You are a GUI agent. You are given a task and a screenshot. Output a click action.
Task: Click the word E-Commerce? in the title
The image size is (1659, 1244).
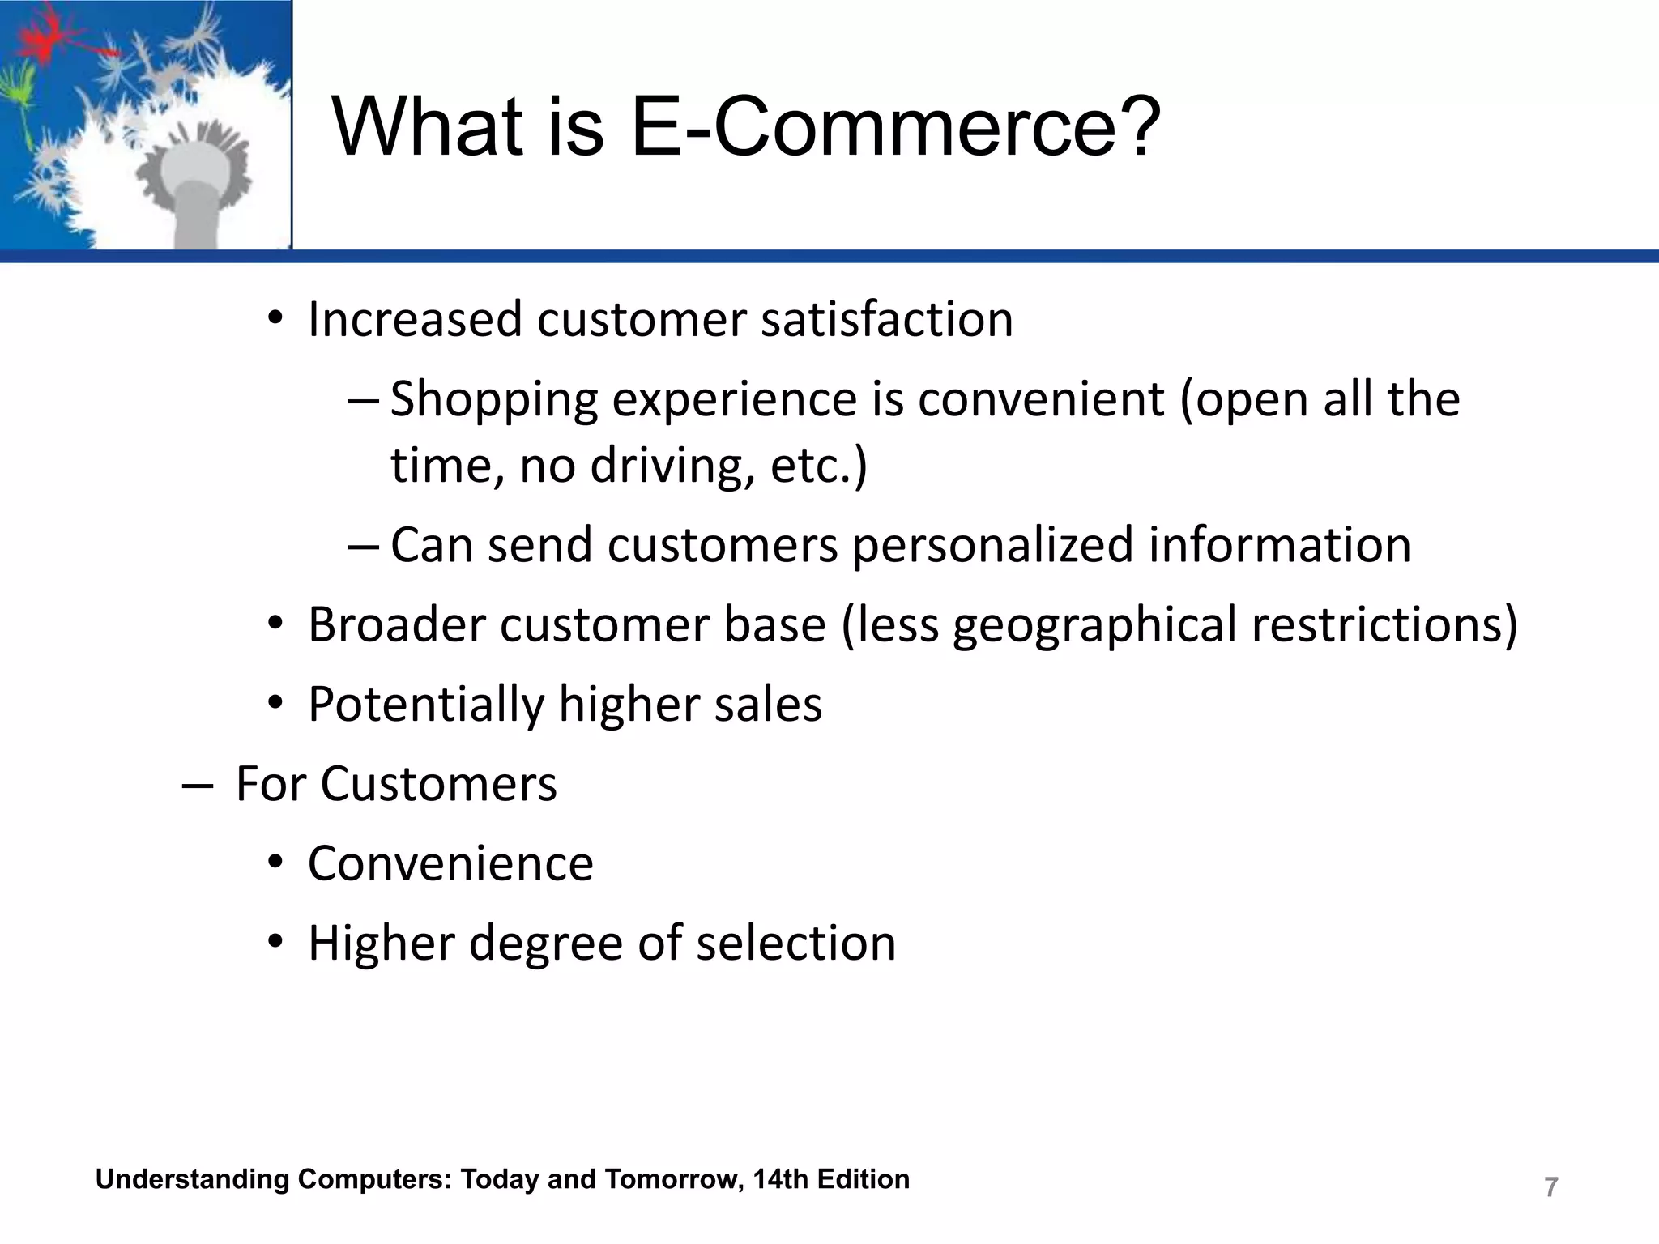[x=896, y=128]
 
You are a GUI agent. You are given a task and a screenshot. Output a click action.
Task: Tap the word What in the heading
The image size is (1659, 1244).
[x=428, y=128]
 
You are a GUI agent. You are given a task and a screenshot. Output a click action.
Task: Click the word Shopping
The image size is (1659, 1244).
[x=494, y=400]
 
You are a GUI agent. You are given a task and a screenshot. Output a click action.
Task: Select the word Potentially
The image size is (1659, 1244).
[x=426, y=705]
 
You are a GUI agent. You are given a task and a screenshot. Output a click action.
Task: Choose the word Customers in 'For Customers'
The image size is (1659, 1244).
[x=439, y=784]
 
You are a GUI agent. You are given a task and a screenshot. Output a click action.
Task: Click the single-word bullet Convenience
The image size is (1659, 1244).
[x=450, y=863]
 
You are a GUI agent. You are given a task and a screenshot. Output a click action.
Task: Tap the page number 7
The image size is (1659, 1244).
[x=1550, y=1187]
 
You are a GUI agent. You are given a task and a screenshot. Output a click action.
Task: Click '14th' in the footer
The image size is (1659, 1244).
[x=780, y=1179]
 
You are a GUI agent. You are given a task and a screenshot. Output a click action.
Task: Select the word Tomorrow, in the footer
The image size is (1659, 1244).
[x=674, y=1179]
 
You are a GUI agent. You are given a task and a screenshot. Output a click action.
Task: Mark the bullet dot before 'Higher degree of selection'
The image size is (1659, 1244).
[x=276, y=944]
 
